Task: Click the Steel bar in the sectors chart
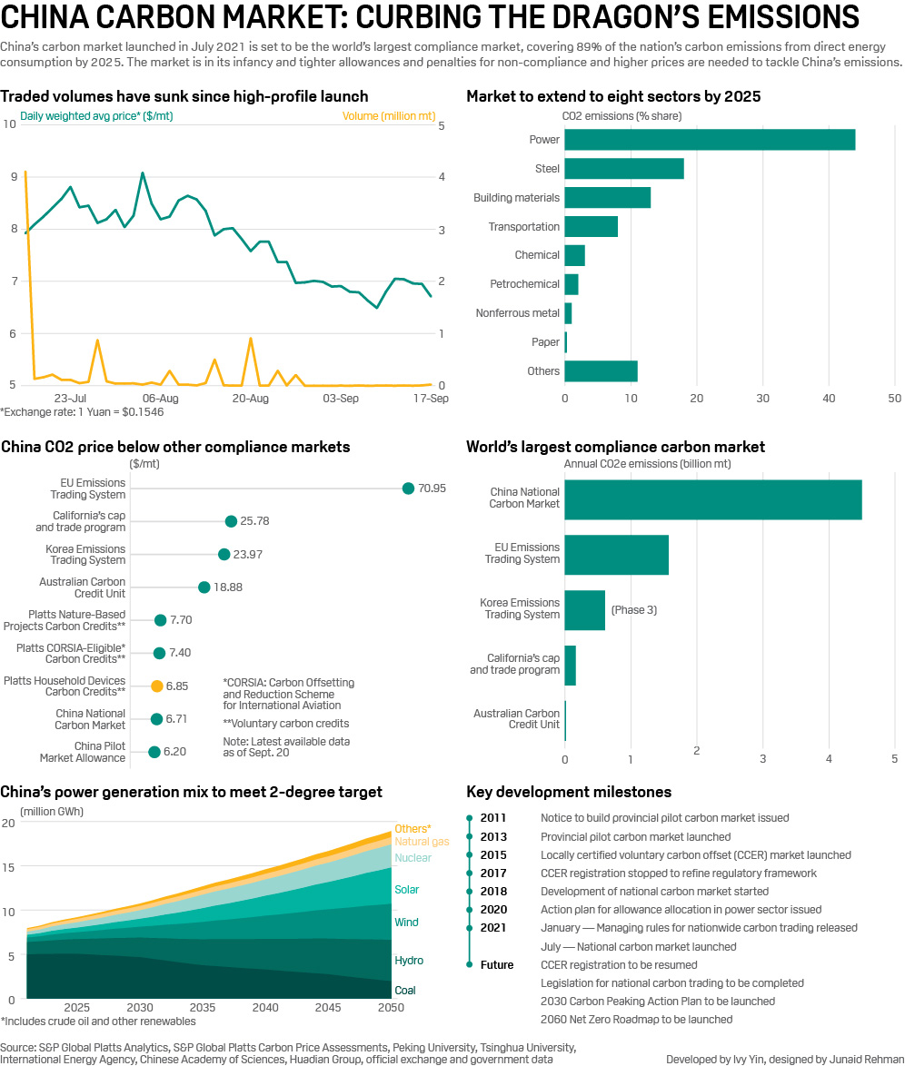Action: click(x=624, y=169)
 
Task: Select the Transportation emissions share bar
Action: click(x=591, y=226)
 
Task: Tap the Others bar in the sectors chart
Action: click(x=601, y=370)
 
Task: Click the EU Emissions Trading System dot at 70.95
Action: click(x=409, y=489)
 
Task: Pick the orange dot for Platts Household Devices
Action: click(x=157, y=686)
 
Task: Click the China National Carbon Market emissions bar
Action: click(x=713, y=499)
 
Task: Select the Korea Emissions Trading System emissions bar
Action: click(x=584, y=610)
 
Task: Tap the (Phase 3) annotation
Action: click(x=633, y=610)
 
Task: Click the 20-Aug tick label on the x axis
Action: click(x=251, y=398)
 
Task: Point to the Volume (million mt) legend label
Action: click(x=387, y=115)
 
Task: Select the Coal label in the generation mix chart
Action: click(x=405, y=990)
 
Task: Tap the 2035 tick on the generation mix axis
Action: click(x=203, y=1008)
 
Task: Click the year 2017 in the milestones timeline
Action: click(x=493, y=873)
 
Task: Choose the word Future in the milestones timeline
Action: click(x=497, y=964)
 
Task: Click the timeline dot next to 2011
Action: click(x=470, y=818)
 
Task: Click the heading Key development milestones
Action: click(x=569, y=792)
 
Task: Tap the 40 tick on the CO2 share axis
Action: click(x=829, y=399)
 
